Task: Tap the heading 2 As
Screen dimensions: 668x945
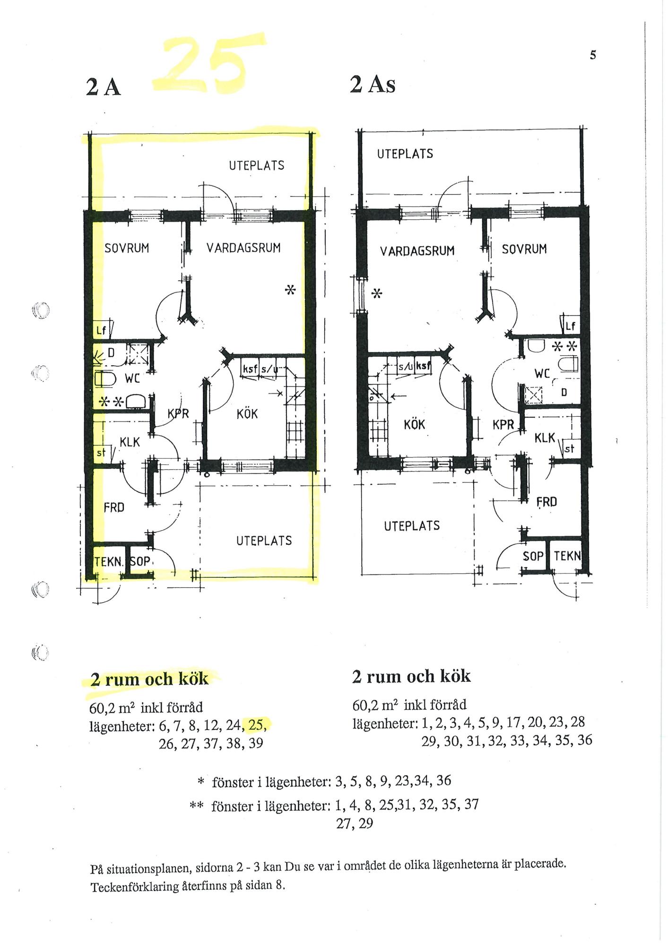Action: pyautogui.click(x=372, y=85)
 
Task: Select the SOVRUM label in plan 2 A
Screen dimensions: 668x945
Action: pyautogui.click(x=127, y=248)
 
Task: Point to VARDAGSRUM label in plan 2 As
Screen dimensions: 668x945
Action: pyautogui.click(x=417, y=250)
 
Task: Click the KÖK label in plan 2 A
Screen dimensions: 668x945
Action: pyautogui.click(x=247, y=414)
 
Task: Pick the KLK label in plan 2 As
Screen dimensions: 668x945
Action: pyautogui.click(x=545, y=438)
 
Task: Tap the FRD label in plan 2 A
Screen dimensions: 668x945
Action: pyautogui.click(x=114, y=507)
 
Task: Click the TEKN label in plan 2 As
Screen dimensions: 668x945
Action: pyautogui.click(x=566, y=556)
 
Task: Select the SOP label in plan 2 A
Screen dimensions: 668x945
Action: pyautogui.click(x=140, y=562)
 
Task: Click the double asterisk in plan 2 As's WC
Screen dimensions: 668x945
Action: pyautogui.click(x=565, y=346)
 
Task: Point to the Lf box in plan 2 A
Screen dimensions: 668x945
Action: pyautogui.click(x=101, y=329)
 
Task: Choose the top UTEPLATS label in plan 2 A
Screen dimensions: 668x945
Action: pyautogui.click(x=257, y=166)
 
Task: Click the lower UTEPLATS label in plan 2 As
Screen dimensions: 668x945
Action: pyautogui.click(x=412, y=526)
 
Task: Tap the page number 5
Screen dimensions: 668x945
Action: pyautogui.click(x=593, y=55)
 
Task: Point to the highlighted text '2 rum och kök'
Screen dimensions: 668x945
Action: pyautogui.click(x=149, y=679)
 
